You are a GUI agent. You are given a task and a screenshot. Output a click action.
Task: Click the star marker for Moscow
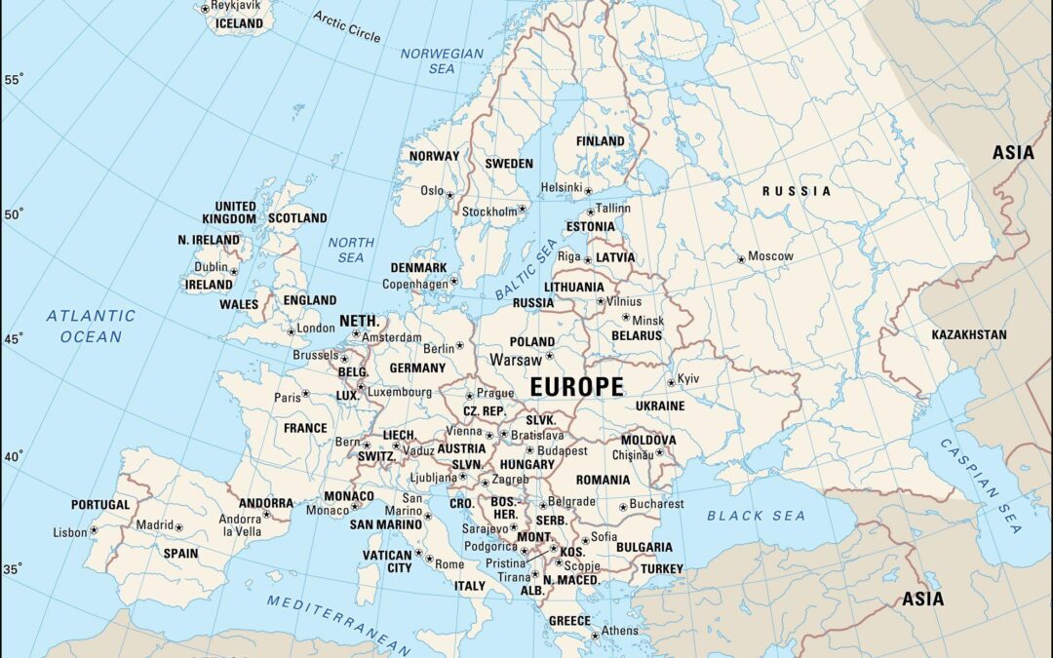click(x=741, y=258)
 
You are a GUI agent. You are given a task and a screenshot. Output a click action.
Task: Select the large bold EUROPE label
click(x=576, y=387)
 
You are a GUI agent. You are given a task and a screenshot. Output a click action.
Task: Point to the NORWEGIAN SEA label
click(x=442, y=60)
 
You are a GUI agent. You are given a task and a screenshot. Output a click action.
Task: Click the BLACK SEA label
click(x=757, y=516)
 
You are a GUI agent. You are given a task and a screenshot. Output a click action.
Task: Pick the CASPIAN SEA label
click(x=980, y=485)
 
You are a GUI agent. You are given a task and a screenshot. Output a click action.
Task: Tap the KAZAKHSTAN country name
click(x=969, y=334)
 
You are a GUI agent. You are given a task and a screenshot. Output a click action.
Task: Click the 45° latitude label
click(x=14, y=338)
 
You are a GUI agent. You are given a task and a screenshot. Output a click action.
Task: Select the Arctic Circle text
click(x=347, y=26)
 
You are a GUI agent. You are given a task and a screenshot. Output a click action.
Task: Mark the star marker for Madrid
click(x=178, y=527)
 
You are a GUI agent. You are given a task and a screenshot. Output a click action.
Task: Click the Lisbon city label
click(x=70, y=532)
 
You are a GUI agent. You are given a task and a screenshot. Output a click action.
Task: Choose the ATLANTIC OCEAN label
click(x=91, y=326)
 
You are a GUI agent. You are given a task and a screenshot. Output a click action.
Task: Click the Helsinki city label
click(x=561, y=187)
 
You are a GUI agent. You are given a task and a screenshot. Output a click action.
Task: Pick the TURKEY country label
click(x=662, y=568)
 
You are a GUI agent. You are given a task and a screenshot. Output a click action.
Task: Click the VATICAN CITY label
click(x=387, y=561)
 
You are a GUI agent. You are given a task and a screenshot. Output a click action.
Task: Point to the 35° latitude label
click(x=14, y=568)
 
